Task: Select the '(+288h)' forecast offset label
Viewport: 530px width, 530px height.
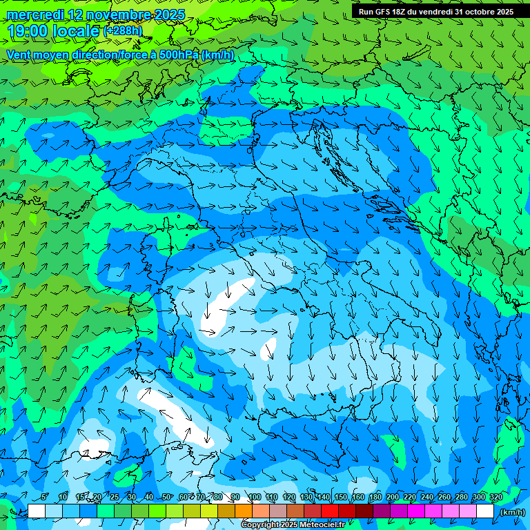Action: pyautogui.click(x=123, y=31)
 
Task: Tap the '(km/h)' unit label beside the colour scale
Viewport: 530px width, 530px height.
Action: pyautogui.click(x=511, y=511)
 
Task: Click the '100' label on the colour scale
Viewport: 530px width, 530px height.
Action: pyautogui.click(x=255, y=497)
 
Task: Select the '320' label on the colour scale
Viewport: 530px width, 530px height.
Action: pyautogui.click(x=495, y=497)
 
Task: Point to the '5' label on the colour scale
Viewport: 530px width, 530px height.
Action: pyautogui.click(x=45, y=497)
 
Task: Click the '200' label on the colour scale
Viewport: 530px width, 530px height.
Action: pyautogui.click(x=392, y=497)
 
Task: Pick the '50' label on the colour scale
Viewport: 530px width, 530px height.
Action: pyautogui.click(x=166, y=497)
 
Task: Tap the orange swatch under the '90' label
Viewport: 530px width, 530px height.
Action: pyautogui.click(x=244, y=511)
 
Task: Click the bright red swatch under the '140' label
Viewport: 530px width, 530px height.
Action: pyautogui.click(x=330, y=511)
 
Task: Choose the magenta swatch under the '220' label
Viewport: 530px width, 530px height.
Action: pyautogui.click(x=416, y=511)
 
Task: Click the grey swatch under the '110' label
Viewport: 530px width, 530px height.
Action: pyautogui.click(x=278, y=511)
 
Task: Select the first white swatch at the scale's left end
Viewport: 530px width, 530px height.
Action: pyautogui.click(x=37, y=511)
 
